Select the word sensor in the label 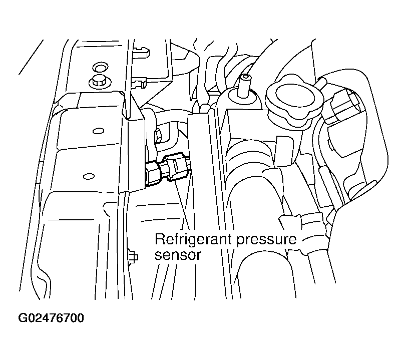(x=178, y=255)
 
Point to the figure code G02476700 (x=51, y=318)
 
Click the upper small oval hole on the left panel (x=98, y=131)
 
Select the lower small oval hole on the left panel (x=89, y=177)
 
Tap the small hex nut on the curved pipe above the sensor (x=158, y=136)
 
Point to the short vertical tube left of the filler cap (x=244, y=86)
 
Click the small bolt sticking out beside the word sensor (x=133, y=257)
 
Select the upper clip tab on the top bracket (x=141, y=51)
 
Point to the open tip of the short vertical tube (x=244, y=77)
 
